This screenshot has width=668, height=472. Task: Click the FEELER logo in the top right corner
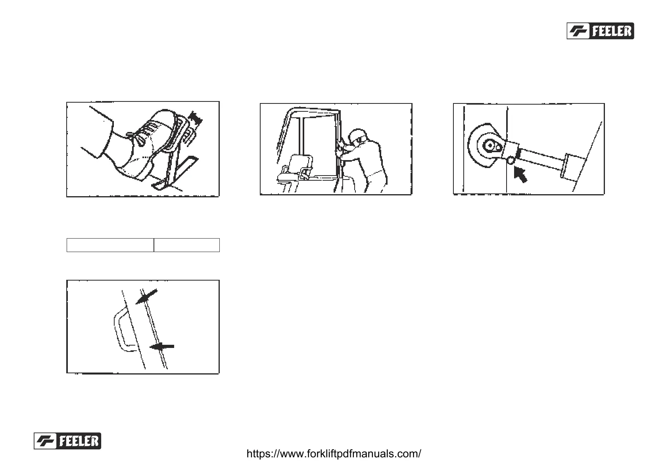[x=600, y=31]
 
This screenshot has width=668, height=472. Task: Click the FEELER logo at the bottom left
[x=67, y=441]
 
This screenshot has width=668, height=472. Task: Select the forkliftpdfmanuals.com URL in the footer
[x=334, y=454]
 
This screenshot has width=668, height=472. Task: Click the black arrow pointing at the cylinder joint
[x=521, y=174]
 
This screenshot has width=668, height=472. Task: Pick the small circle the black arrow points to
[x=511, y=161]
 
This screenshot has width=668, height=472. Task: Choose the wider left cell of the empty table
[x=110, y=245]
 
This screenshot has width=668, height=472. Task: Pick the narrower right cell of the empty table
[x=186, y=245]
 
